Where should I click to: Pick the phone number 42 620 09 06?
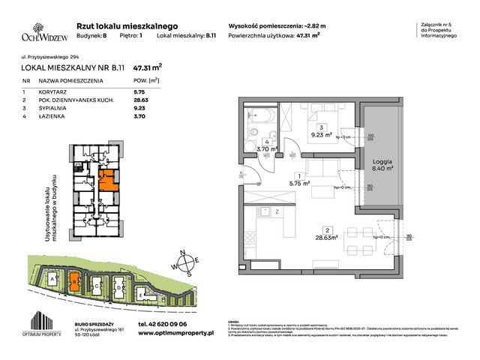[157, 325]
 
